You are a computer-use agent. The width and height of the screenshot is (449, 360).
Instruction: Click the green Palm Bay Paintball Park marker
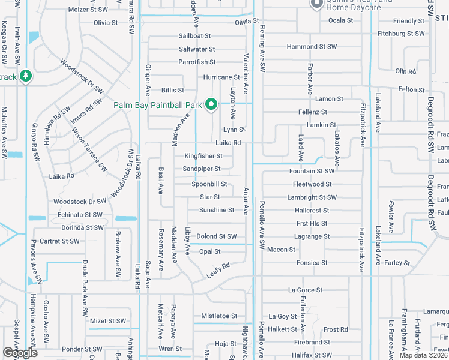click(211, 105)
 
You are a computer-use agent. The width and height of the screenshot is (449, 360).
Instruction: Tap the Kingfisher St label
click(203, 156)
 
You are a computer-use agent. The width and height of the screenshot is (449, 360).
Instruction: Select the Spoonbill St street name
click(209, 184)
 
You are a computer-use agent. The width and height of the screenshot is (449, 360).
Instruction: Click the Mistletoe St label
click(219, 316)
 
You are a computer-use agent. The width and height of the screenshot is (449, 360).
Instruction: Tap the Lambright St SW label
click(312, 197)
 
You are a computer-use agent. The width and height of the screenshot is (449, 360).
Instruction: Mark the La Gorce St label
click(305, 290)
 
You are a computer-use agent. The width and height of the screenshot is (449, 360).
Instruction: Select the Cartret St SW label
click(59, 241)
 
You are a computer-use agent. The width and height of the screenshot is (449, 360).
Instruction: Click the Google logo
click(20, 353)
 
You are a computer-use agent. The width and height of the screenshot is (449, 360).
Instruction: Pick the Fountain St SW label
click(311, 172)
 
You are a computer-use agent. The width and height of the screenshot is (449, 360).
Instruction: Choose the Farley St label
click(397, 263)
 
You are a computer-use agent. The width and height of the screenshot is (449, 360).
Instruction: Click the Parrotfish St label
click(197, 62)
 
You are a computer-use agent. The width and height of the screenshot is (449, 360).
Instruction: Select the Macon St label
click(281, 250)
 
